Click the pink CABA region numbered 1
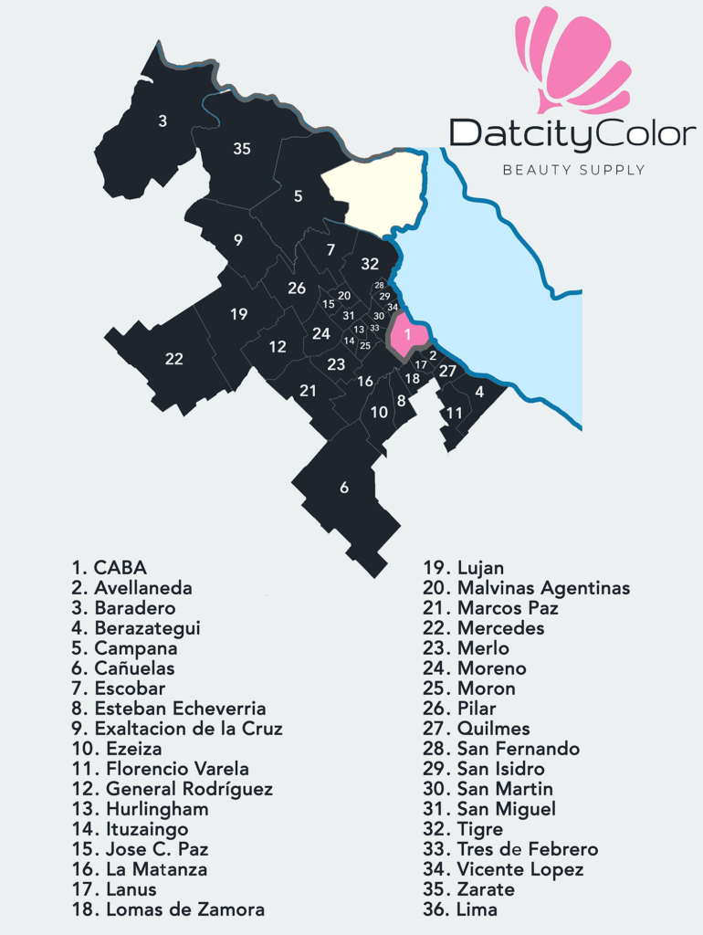pos(407,334)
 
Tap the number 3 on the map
pos(163,121)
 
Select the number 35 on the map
pos(241,148)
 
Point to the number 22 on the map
pos(173,359)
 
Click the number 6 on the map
pos(344,488)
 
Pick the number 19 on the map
pos(238,314)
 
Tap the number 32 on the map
pos(369,264)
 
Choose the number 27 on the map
pos(446,371)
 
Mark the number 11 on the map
pos(454,413)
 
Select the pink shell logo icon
pos(572,59)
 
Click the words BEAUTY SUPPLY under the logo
pos(574,170)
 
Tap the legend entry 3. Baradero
pos(123,608)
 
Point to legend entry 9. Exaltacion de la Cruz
pos(177,729)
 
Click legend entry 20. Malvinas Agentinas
pos(526,588)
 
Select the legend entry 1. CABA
pos(109,568)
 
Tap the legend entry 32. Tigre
pos(462,829)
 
